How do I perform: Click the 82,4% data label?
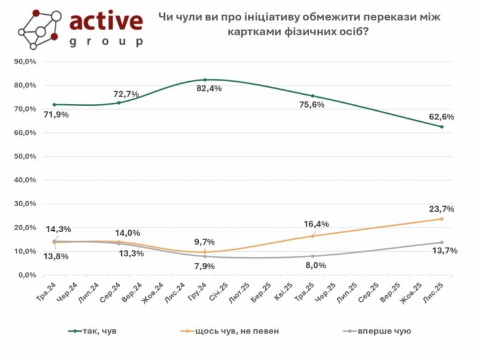(209, 89)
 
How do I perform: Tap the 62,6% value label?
(442, 117)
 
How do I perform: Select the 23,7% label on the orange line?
(441, 209)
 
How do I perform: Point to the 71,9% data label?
(56, 114)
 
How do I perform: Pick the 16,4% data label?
(316, 224)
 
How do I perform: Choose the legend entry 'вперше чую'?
(385, 331)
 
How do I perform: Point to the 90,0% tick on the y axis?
(25, 62)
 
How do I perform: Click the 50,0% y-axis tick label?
(25, 156)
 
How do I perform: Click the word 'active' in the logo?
(106, 22)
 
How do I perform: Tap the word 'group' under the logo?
(106, 42)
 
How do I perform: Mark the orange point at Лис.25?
(442, 219)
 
